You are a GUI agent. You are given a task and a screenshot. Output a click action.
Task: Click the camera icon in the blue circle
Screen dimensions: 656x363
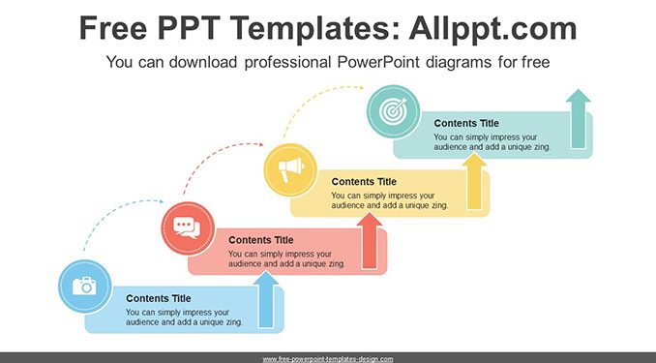pyautogui.click(x=84, y=286)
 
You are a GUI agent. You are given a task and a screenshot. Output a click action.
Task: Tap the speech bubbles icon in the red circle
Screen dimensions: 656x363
pyautogui.click(x=187, y=228)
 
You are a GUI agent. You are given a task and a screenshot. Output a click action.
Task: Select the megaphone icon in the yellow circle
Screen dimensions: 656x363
pyautogui.click(x=291, y=169)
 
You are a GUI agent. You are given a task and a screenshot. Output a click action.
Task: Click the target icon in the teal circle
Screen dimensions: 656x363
pyautogui.click(x=393, y=110)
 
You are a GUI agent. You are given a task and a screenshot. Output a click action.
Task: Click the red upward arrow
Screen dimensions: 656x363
pyautogui.click(x=370, y=241)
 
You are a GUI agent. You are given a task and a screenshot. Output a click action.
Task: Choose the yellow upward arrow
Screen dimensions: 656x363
pyautogui.click(x=474, y=182)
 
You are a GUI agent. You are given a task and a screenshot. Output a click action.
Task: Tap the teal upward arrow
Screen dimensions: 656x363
pyautogui.click(x=579, y=119)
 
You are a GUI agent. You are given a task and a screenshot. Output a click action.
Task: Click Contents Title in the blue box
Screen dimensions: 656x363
pyautogui.click(x=158, y=298)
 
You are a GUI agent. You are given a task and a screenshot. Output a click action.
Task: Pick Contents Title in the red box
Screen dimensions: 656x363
pyautogui.click(x=260, y=240)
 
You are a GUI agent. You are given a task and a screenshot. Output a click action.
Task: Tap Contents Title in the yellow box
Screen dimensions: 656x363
pyautogui.click(x=364, y=182)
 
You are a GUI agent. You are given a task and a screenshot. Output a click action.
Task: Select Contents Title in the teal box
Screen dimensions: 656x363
pyautogui.click(x=466, y=124)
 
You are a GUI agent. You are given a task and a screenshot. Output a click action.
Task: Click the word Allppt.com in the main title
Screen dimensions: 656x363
pyautogui.click(x=492, y=28)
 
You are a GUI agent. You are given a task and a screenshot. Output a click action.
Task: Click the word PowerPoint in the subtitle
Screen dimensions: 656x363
pyautogui.click(x=378, y=62)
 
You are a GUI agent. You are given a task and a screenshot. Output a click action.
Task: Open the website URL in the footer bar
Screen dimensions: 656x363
pyautogui.click(x=328, y=359)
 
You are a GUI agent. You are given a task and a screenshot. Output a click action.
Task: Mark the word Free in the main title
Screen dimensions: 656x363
pyautogui.click(x=113, y=28)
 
